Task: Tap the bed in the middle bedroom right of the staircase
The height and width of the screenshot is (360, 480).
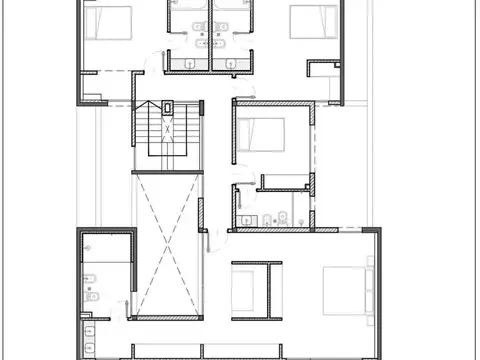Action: coord(262,132)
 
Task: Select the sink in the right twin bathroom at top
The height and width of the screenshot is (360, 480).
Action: coord(222,44)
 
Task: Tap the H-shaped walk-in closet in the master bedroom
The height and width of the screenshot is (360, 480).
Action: coord(251,289)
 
